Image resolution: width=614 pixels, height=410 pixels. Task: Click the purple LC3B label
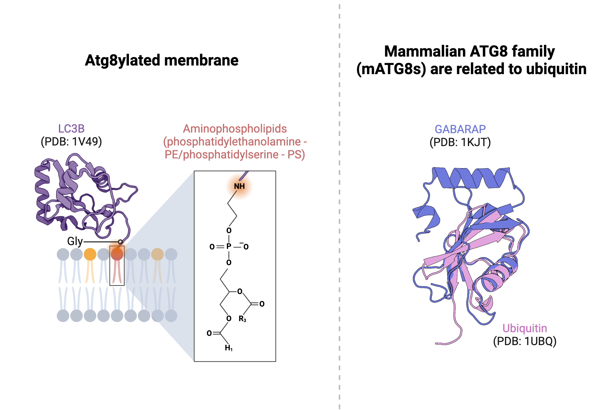pyautogui.click(x=71, y=129)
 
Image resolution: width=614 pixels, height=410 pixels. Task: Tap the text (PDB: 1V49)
pyautogui.click(x=71, y=142)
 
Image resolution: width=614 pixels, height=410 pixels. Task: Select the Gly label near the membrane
pyautogui.click(x=75, y=241)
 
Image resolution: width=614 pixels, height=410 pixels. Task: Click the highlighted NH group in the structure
pyautogui.click(x=239, y=186)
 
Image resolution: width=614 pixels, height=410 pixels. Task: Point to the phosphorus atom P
pyautogui.click(x=229, y=246)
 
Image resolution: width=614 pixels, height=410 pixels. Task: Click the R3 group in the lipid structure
pyautogui.click(x=242, y=319)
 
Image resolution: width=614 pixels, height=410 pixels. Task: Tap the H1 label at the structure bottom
pyautogui.click(x=229, y=348)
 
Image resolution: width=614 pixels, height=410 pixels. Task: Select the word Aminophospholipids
pyautogui.click(x=235, y=129)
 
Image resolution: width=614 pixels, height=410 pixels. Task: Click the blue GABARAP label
pyautogui.click(x=460, y=129)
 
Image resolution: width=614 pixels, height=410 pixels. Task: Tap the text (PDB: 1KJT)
pyautogui.click(x=460, y=142)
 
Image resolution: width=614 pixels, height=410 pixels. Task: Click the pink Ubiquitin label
pyautogui.click(x=525, y=328)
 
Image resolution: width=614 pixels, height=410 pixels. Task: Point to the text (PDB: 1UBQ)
pyautogui.click(x=525, y=341)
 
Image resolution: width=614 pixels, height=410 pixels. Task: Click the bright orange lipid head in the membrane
pyautogui.click(x=90, y=254)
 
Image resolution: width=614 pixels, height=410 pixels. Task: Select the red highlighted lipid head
pyautogui.click(x=117, y=254)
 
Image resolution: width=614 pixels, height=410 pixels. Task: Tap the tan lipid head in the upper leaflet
pyautogui.click(x=157, y=254)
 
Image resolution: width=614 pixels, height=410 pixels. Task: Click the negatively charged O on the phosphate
pyautogui.click(x=246, y=246)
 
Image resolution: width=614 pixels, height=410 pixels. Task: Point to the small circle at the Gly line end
pyautogui.click(x=120, y=242)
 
